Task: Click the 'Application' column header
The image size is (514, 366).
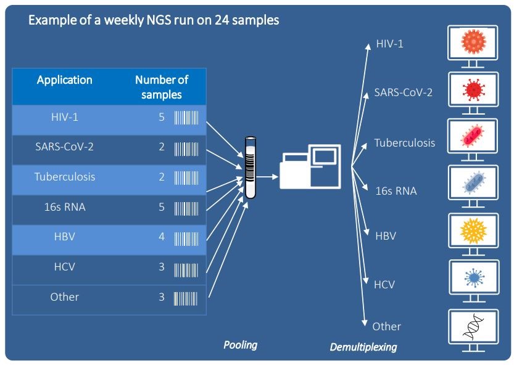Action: [64, 80]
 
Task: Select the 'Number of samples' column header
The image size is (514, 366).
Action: [161, 87]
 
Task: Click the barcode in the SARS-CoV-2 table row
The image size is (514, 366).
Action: [186, 148]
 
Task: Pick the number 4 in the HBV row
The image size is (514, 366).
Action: [162, 237]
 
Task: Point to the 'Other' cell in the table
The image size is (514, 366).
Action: [65, 297]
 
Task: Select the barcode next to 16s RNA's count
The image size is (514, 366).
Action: [186, 208]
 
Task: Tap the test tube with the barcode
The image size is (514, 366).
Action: [250, 166]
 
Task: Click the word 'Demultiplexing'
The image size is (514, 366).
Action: [363, 348]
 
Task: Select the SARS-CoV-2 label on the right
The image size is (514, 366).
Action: [403, 93]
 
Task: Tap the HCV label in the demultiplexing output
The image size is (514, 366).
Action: [384, 285]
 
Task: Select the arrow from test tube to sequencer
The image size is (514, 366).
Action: [267, 176]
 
